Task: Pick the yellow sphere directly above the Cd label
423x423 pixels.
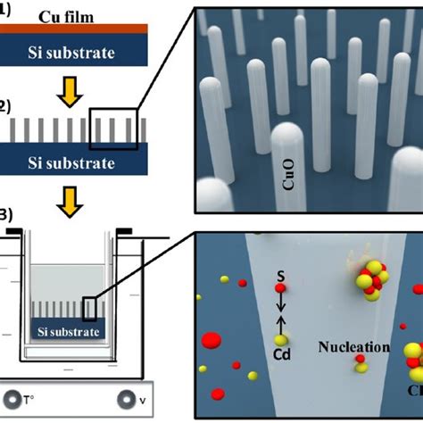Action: [280, 340]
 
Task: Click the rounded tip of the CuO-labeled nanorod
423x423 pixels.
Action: [288, 134]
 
